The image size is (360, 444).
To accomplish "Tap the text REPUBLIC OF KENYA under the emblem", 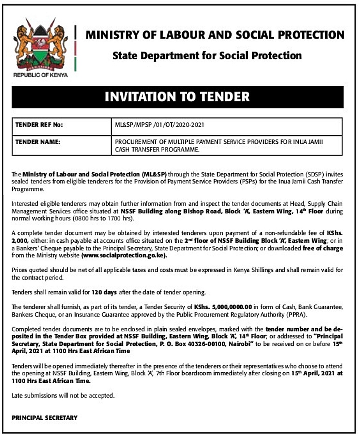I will (x=40, y=75).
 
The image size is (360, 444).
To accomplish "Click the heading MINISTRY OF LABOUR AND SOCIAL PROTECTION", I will (x=215, y=35).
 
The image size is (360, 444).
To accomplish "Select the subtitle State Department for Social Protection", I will (x=207, y=56).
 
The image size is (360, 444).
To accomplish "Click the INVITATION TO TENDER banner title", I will (x=177, y=97).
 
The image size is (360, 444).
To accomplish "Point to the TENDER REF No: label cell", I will (x=39, y=125).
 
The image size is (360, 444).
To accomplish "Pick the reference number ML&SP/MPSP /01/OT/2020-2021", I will (x=160, y=125).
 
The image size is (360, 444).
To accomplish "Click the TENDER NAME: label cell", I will (x=38, y=142).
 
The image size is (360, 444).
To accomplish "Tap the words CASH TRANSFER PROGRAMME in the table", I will (x=157, y=149).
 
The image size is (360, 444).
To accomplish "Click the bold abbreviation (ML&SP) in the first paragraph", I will (x=154, y=174).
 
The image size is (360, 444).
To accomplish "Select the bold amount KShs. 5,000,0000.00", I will (x=223, y=307).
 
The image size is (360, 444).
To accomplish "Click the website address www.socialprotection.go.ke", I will (x=124, y=255).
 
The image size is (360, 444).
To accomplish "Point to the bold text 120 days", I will (x=104, y=292).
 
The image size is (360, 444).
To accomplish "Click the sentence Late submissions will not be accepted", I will (x=63, y=396).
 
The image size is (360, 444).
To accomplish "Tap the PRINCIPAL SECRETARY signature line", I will (x=45, y=418).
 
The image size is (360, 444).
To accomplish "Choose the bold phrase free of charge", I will (x=322, y=248).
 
